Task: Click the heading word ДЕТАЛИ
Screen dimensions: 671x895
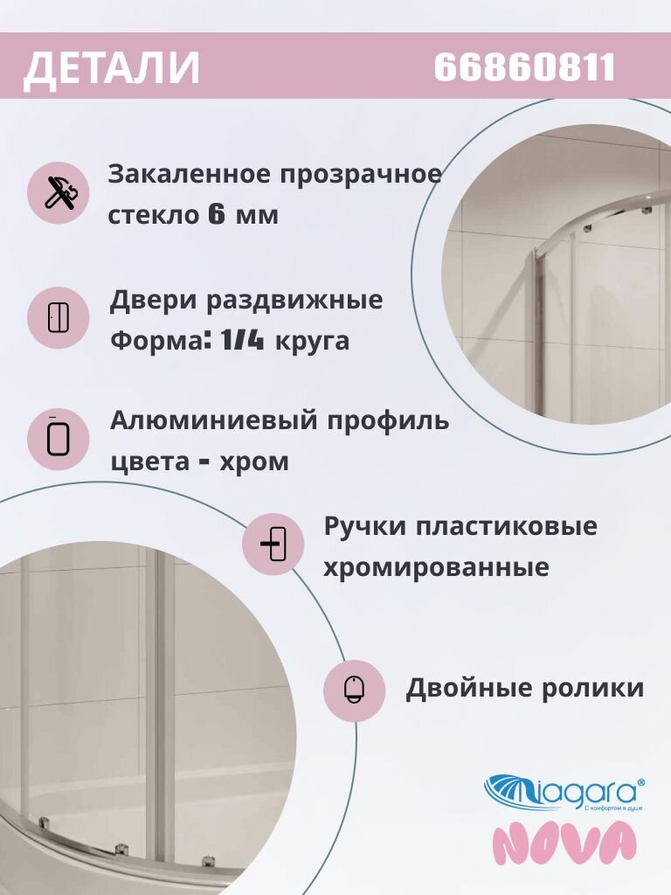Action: click(x=112, y=69)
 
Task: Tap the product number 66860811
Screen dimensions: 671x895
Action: click(x=524, y=67)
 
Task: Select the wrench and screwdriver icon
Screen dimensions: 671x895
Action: click(x=58, y=192)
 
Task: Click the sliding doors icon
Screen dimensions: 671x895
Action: click(x=58, y=318)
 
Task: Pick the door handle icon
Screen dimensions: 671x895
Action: click(x=273, y=545)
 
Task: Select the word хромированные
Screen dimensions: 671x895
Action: click(x=436, y=568)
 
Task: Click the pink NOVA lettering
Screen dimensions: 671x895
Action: click(x=564, y=843)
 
